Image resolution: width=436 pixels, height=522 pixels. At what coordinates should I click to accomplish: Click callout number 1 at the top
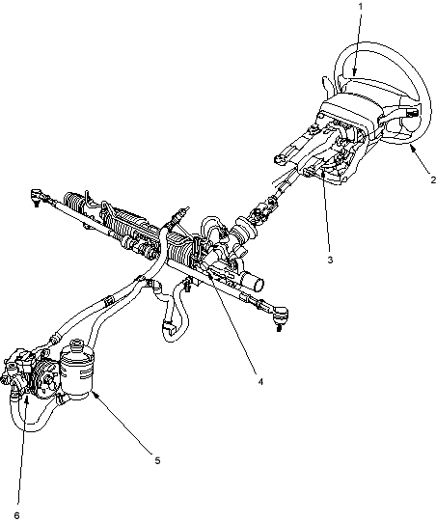pyautogui.click(x=361, y=7)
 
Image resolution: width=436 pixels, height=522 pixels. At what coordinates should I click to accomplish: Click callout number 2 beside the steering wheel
pyautogui.click(x=433, y=180)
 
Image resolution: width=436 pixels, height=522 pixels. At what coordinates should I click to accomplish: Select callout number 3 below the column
pyautogui.click(x=330, y=260)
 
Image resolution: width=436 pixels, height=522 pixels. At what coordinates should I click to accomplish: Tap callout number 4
pyautogui.click(x=260, y=381)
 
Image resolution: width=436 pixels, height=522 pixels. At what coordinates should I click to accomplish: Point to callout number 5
pyautogui.click(x=157, y=461)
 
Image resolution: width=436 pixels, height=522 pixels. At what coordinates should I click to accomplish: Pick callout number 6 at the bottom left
pyautogui.click(x=17, y=515)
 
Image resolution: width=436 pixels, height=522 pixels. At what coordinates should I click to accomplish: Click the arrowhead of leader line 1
pyautogui.click(x=355, y=71)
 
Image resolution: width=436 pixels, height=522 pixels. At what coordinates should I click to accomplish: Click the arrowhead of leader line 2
pyautogui.click(x=413, y=149)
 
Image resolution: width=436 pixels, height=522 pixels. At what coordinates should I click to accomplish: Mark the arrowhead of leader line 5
pyautogui.click(x=95, y=395)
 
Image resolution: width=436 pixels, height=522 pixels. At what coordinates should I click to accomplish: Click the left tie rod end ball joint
pyautogui.click(x=37, y=196)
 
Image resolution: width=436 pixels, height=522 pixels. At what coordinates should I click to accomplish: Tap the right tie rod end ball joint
pyautogui.click(x=280, y=316)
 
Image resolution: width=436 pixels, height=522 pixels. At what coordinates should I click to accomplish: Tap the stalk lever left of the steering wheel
pyautogui.click(x=326, y=84)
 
